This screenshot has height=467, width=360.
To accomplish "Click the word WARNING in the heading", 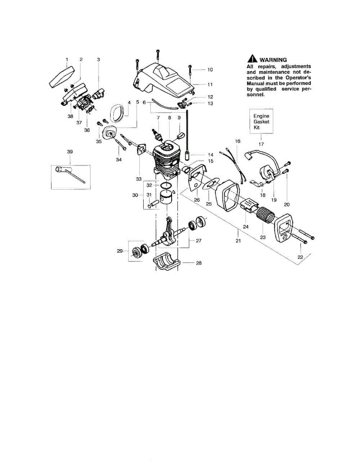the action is pos(273,60).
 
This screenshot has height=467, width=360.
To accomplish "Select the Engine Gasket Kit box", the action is pos(261,121).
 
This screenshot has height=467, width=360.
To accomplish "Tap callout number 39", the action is pos(70,151).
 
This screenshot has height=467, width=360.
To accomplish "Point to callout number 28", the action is pos(198,263).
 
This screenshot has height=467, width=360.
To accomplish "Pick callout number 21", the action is pos(238,241).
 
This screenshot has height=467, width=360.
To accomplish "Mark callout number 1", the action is pos(67,60).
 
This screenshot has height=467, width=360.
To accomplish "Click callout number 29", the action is pos(120,251).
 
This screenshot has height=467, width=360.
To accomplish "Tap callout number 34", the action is pos(119,159).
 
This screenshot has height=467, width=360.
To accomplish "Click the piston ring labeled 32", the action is pos(167,185).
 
